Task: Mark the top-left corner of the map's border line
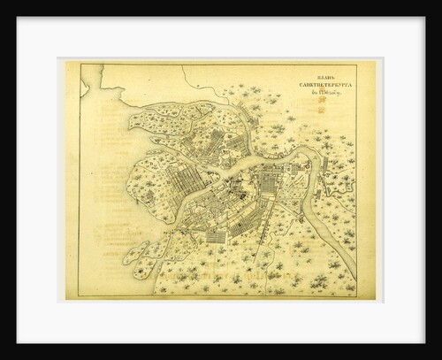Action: click(x=80, y=64)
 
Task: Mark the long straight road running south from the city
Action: click(x=259, y=257)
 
